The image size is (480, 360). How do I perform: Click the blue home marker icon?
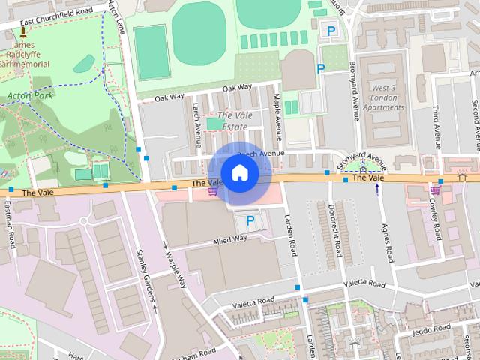click(x=239, y=173)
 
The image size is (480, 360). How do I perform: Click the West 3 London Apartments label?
click(x=388, y=98)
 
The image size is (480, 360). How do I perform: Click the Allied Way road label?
click(x=229, y=239)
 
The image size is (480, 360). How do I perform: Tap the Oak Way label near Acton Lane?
click(x=169, y=97)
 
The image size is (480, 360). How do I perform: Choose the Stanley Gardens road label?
click(x=138, y=271)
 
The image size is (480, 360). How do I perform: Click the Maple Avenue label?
click(x=277, y=112)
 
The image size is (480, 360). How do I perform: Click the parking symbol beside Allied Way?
click(x=250, y=221)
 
